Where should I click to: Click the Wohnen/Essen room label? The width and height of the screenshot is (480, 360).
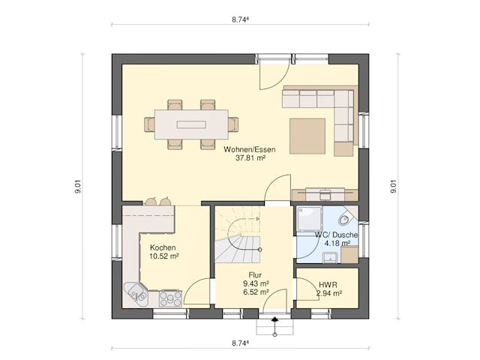tap(250, 149)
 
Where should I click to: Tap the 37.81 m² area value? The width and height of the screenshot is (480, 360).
tap(250, 158)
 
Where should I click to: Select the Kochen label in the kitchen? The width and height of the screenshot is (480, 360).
tap(163, 247)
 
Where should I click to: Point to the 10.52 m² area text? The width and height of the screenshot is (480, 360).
tap(163, 256)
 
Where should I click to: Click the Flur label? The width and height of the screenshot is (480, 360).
tap(255, 275)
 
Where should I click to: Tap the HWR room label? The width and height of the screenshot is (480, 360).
tap(328, 285)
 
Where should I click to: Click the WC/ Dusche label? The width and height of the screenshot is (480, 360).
tap(336, 235)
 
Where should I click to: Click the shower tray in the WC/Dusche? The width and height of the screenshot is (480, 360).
tap(310, 220)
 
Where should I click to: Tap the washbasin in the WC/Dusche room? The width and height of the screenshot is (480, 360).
tap(330, 258)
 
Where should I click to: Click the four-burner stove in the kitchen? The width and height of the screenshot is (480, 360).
tap(170, 298)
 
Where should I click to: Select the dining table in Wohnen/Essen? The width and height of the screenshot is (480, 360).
tap(191, 124)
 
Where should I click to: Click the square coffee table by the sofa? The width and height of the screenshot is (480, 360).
tap(307, 136)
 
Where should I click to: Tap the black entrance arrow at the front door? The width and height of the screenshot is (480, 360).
tap(275, 319)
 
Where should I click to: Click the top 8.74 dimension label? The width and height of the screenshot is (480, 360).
tap(240, 20)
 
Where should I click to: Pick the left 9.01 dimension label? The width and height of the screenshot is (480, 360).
tap(78, 187)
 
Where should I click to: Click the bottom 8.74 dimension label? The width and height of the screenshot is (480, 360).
tap(240, 343)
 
